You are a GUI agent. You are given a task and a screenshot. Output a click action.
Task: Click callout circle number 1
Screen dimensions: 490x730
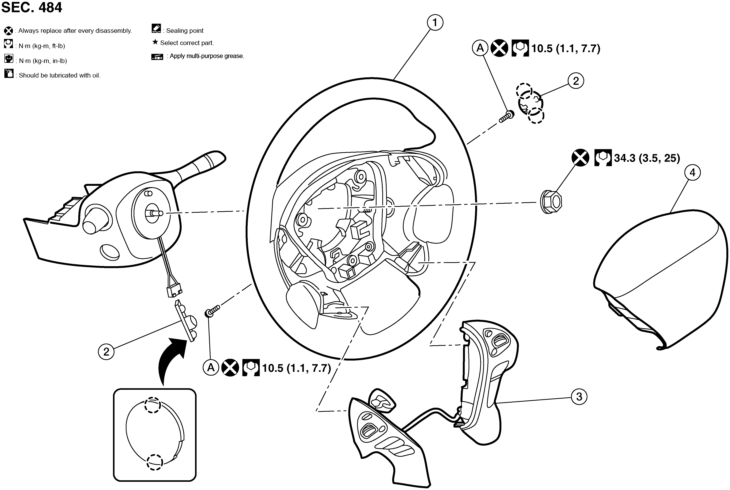pos(435,23)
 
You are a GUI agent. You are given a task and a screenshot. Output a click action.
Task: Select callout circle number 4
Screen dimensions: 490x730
pos(692,172)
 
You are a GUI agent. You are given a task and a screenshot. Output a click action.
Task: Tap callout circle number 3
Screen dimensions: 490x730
pos(579,397)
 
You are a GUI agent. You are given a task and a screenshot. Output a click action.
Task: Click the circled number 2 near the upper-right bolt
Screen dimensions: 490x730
pos(576,81)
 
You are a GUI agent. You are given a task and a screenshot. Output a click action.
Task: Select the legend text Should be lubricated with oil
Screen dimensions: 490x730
pos(59,75)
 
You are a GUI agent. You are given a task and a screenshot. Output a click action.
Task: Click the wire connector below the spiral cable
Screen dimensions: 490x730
pos(174,291)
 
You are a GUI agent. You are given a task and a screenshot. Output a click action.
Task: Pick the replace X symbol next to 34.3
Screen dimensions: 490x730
pos(580,158)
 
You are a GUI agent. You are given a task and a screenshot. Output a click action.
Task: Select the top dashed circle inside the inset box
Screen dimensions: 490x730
pos(153,406)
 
